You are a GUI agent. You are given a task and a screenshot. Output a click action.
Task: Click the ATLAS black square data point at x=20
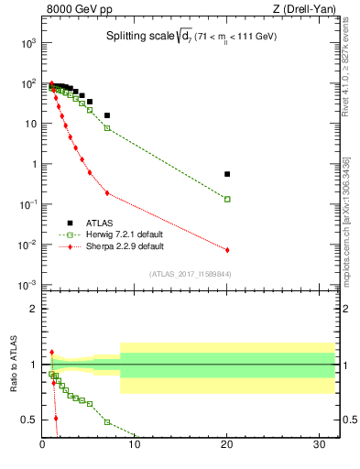click(x=227, y=174)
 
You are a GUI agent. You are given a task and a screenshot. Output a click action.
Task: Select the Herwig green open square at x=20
click(x=227, y=199)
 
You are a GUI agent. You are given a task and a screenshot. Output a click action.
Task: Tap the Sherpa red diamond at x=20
click(x=227, y=250)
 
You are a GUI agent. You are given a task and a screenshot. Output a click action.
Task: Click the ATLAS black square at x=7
click(x=107, y=115)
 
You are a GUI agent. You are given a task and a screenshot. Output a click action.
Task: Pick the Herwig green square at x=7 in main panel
click(x=107, y=128)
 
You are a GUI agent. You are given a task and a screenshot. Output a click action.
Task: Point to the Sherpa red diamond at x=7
click(x=107, y=193)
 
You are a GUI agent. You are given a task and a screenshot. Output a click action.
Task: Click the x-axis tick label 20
click(x=227, y=446)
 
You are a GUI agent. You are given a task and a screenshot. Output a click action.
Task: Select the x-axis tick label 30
click(x=320, y=446)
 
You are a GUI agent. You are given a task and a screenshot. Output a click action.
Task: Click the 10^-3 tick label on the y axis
click(x=29, y=286)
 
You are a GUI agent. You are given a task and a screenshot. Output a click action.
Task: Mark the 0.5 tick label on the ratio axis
click(x=30, y=420)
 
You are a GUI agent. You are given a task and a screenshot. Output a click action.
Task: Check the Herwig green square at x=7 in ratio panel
click(x=107, y=422)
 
